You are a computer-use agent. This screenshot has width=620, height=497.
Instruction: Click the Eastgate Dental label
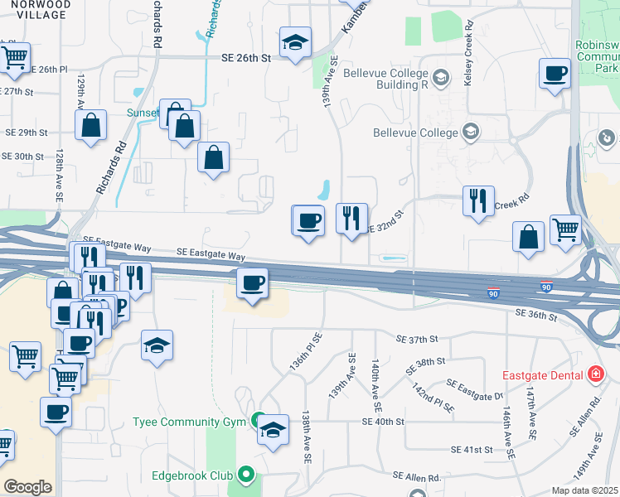540,374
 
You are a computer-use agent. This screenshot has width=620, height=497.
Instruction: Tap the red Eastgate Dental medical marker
594,374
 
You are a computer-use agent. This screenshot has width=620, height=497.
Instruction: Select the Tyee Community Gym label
191,422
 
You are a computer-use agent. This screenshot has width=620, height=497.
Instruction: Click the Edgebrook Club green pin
245,475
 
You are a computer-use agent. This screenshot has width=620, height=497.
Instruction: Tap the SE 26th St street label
246,58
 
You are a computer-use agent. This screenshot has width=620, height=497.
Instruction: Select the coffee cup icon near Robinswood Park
555,73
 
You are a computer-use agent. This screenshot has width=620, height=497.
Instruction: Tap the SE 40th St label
383,422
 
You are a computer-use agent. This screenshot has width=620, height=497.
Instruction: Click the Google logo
27,487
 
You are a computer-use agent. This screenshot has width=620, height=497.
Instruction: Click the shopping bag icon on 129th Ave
91,126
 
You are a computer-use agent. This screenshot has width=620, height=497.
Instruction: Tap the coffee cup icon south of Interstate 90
253,282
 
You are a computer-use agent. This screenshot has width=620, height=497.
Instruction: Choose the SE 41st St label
472,449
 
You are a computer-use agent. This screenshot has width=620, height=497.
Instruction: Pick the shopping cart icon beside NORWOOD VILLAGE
14,56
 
